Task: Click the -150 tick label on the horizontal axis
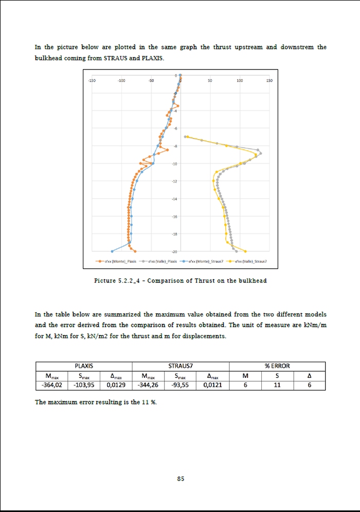pos(92,81)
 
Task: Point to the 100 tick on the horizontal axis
pos(240,81)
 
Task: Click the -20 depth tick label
pos(175,252)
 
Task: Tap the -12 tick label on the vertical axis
pos(175,181)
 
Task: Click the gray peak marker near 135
pos(261,153)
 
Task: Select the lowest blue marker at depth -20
pos(112,252)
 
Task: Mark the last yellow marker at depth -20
pos(245,252)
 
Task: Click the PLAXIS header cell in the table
pos(84,366)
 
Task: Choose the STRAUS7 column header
pos(181,366)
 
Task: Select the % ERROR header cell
pos(277,366)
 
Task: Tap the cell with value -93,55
pos(181,384)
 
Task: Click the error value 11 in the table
pos(277,384)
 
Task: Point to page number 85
pos(181,479)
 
